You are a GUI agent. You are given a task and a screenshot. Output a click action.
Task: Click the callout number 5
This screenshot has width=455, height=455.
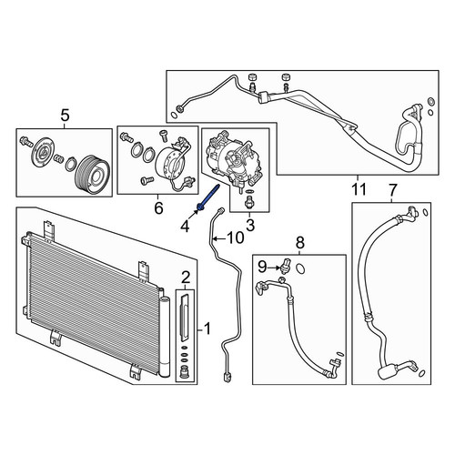[66, 116]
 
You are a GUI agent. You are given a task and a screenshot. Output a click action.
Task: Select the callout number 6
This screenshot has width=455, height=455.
[158, 208]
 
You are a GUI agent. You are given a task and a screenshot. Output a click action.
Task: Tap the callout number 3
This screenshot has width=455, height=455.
[250, 225]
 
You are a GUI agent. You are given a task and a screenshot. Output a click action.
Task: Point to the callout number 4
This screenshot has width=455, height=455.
[186, 227]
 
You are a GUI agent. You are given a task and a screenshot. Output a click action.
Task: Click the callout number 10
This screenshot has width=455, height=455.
[236, 238]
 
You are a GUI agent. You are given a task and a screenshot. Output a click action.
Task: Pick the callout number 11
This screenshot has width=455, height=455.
[359, 189]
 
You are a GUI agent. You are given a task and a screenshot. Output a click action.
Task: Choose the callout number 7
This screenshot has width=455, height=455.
[392, 189]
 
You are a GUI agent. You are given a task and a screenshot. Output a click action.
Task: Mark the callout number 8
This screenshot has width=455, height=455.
[299, 242]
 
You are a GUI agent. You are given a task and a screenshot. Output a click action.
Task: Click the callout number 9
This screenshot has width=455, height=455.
[262, 267]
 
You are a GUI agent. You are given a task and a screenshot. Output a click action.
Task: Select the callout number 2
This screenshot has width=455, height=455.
[186, 278]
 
